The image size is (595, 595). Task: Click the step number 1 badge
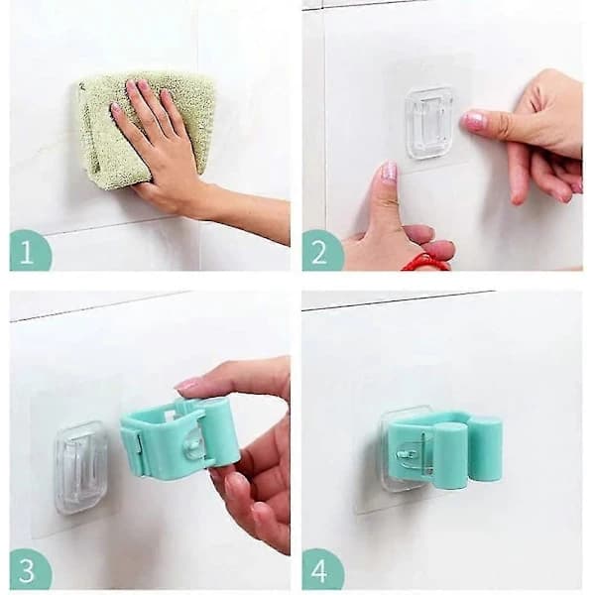30,251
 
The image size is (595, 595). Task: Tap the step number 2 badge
321,251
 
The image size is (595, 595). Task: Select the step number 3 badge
30,569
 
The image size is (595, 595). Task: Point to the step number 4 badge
321,569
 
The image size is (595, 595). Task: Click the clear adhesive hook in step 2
429,123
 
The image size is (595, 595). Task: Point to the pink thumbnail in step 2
389,172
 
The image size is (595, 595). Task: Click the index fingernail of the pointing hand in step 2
473,120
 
